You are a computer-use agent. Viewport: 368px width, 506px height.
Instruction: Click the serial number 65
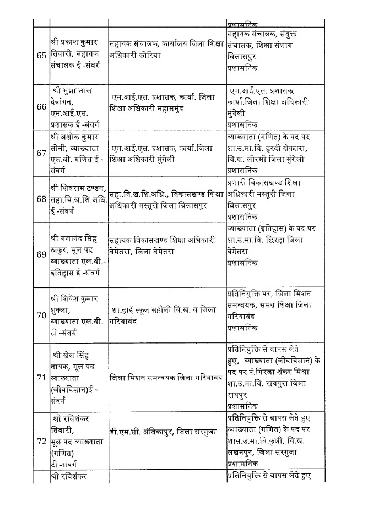click(41, 56)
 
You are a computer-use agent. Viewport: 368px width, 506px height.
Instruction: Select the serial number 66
click(41, 107)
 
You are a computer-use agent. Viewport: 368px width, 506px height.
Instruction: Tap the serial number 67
click(41, 153)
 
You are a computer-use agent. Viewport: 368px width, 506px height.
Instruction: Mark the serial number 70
click(41, 315)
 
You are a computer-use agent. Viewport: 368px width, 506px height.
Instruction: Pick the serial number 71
click(41, 377)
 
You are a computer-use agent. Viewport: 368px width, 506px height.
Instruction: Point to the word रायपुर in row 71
click(237, 395)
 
